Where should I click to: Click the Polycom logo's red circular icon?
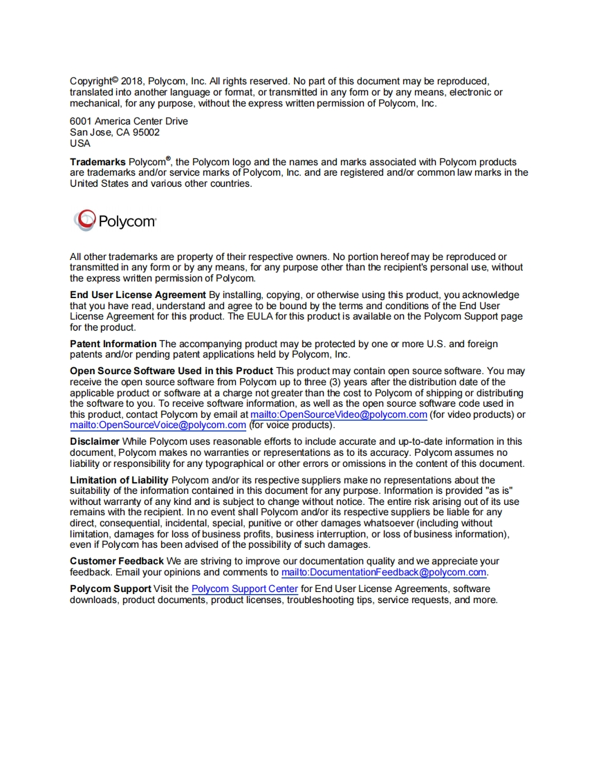[84, 221]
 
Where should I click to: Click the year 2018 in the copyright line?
[131, 81]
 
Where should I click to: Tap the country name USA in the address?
[80, 143]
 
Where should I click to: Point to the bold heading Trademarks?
[98, 162]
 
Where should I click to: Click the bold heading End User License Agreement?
[138, 295]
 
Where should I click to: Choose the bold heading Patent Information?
[113, 344]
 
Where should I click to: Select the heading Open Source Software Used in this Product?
[172, 371]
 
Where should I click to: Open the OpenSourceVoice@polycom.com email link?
[158, 425]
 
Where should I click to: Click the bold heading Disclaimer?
[95, 441]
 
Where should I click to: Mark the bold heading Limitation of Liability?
[119, 480]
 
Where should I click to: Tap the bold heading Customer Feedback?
[117, 561]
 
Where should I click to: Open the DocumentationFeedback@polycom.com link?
[384, 573]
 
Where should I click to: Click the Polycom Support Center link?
[245, 589]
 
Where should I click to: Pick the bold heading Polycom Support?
[111, 589]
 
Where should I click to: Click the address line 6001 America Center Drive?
[129, 121]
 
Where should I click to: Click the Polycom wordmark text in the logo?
[127, 222]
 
